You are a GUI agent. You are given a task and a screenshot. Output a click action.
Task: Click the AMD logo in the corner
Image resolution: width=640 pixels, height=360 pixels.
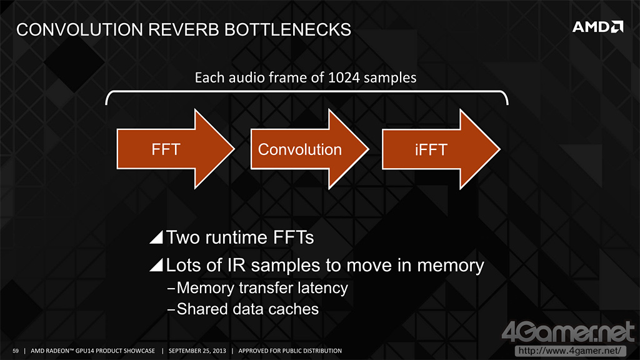coord(598,27)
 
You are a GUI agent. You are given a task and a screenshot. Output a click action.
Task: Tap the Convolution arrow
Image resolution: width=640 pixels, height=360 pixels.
coord(300,149)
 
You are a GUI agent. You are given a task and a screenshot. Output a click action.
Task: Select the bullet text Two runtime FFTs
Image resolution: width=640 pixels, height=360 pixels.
coord(239,237)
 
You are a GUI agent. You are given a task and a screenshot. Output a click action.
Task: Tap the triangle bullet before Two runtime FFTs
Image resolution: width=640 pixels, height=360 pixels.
coord(156,238)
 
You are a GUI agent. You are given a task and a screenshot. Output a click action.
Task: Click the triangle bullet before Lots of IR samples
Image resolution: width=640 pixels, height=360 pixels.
coord(156,266)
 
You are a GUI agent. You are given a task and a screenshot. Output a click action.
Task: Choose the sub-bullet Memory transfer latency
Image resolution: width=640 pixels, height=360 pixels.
coord(262,288)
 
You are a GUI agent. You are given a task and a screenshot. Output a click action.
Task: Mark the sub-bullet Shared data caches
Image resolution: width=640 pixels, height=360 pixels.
coord(247,309)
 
